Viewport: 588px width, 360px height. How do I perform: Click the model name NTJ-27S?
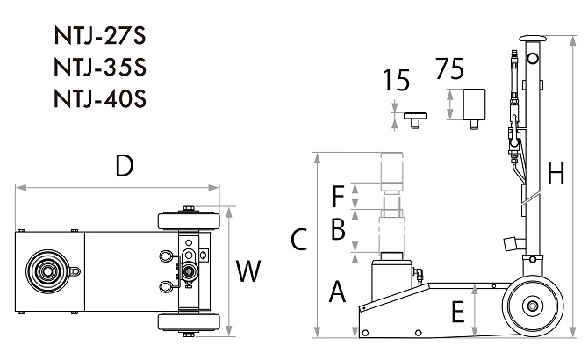click(x=100, y=36)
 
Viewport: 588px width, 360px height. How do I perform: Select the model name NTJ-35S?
click(x=100, y=67)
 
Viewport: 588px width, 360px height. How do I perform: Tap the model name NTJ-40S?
click(x=100, y=98)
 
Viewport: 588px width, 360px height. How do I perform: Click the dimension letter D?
click(x=125, y=166)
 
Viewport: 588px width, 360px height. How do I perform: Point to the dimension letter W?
click(x=248, y=271)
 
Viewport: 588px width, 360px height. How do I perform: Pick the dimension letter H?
click(x=556, y=173)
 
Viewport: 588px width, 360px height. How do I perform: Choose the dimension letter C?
click(x=299, y=239)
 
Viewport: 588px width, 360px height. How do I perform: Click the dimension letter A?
click(x=337, y=291)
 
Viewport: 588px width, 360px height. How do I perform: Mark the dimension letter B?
click(x=338, y=228)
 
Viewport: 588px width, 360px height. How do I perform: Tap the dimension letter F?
click(x=338, y=196)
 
